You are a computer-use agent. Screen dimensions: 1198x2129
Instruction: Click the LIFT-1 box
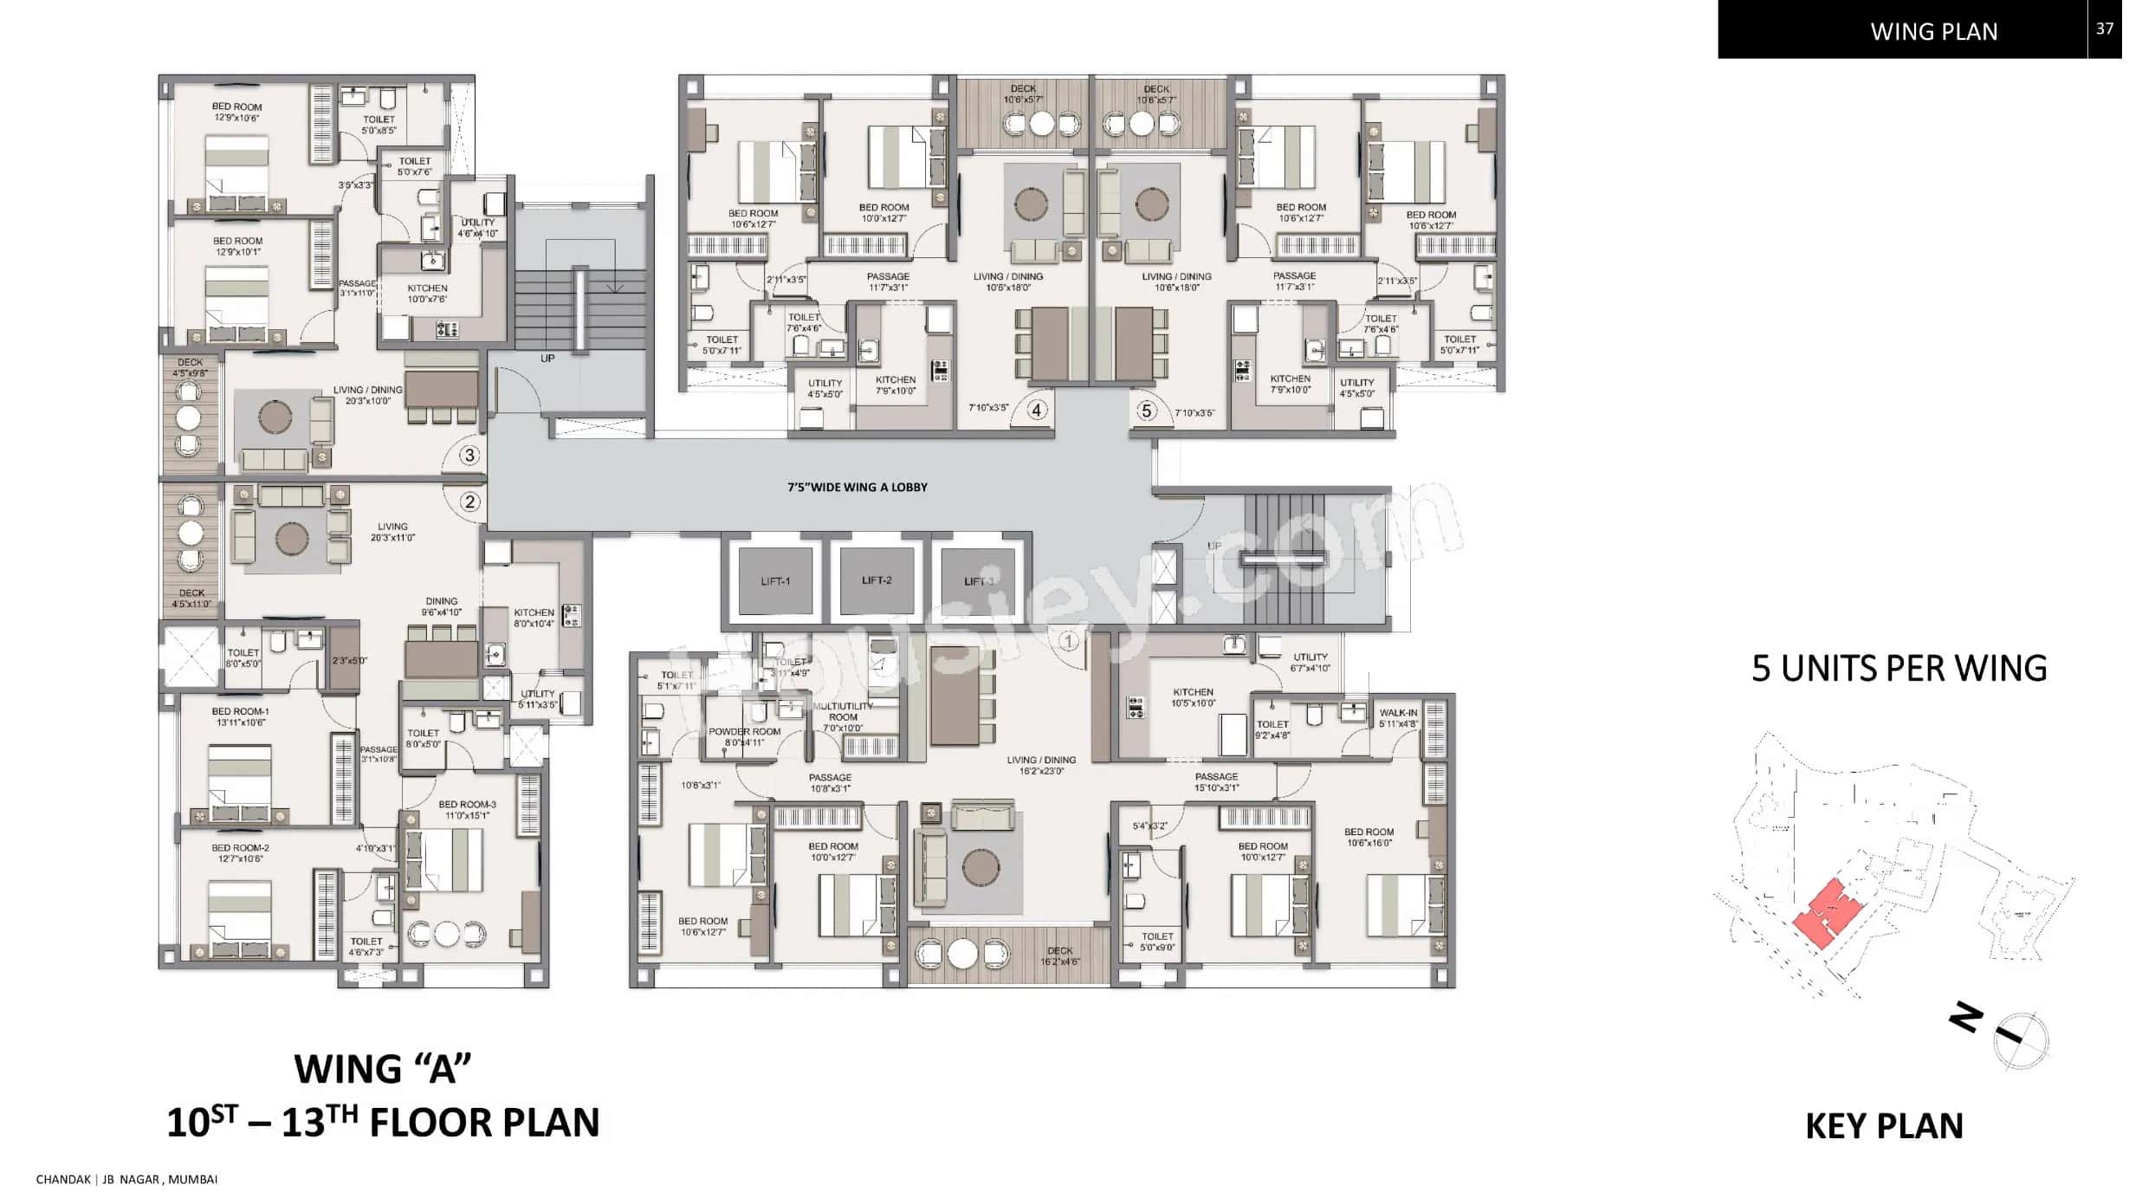[775, 580]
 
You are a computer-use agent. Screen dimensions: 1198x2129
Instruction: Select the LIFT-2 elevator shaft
[877, 580]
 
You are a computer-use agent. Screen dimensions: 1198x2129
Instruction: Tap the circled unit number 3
[469, 455]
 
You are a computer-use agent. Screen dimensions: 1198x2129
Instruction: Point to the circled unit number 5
[1147, 411]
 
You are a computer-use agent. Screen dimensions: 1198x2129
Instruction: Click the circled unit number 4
[1037, 410]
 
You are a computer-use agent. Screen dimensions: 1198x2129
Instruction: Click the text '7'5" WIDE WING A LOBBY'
[857, 488]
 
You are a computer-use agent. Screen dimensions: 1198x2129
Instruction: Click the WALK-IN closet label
[1398, 718]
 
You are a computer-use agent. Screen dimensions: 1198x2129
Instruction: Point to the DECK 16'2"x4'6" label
[1059, 955]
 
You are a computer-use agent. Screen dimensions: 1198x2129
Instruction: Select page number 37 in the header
[2104, 29]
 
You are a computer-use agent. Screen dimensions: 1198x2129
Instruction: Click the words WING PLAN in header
[1933, 32]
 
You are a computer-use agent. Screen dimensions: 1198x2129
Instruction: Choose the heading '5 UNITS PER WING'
[1899, 669]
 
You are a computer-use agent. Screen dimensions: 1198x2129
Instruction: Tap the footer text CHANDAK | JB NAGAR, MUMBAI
[126, 1179]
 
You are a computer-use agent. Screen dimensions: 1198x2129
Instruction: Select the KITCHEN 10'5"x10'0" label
[1193, 697]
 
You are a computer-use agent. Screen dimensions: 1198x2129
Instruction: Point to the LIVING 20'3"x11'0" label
[392, 532]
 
